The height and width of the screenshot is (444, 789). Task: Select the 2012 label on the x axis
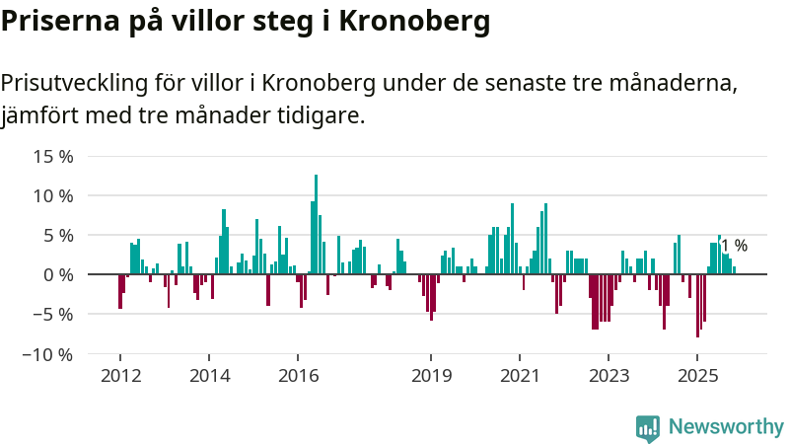click(x=120, y=375)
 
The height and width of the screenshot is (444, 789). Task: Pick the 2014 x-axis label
click(x=209, y=375)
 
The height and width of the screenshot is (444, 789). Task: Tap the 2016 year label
click(x=298, y=375)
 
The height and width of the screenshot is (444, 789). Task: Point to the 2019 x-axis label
click(x=431, y=375)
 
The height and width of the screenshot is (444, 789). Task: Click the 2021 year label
click(x=520, y=375)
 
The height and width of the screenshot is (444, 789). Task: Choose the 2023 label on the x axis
click(x=609, y=375)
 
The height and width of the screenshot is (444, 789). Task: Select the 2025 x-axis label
click(x=697, y=375)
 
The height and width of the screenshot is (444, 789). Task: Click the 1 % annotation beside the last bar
click(x=734, y=246)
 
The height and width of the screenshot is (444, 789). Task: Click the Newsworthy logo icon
click(x=648, y=427)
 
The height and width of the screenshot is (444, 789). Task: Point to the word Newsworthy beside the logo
click(x=726, y=427)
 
